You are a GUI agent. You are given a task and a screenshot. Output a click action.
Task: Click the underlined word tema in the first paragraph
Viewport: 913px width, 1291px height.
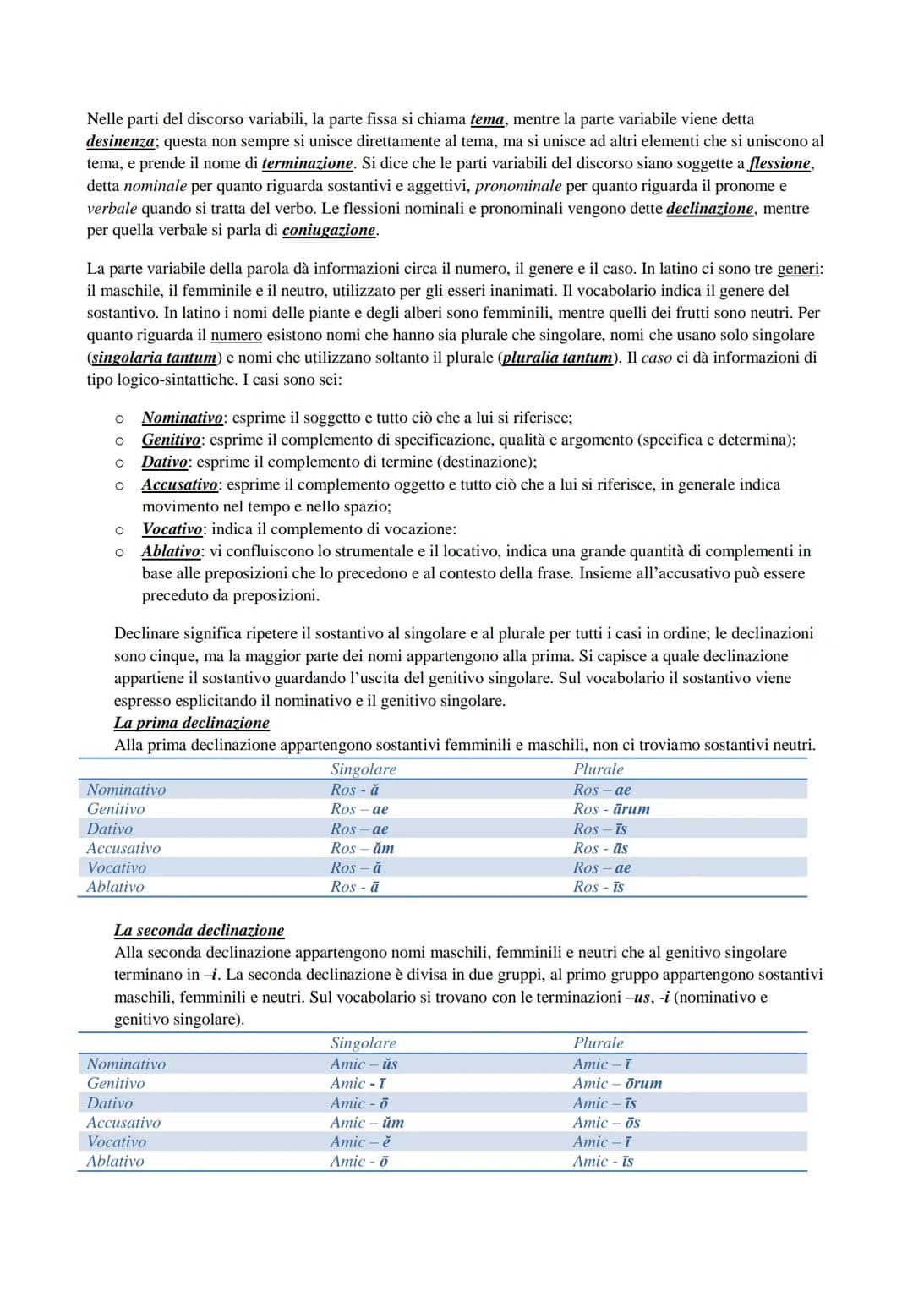[487, 119]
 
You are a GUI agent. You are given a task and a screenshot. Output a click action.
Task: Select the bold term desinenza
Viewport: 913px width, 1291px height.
[121, 141]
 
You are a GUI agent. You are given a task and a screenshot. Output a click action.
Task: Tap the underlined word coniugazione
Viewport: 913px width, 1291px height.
[330, 230]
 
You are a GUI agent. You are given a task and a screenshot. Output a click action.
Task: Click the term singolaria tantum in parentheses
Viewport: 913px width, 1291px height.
[154, 357]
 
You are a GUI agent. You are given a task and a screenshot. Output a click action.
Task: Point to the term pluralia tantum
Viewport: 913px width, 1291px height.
[558, 357]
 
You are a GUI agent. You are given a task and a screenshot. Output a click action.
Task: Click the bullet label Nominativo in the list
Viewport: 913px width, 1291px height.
[183, 418]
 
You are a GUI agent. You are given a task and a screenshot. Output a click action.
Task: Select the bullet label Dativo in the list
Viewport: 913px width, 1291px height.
[165, 462]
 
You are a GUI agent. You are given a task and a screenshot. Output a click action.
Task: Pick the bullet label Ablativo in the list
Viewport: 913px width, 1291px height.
[171, 551]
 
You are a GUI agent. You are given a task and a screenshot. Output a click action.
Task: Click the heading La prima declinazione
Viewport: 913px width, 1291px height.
[192, 723]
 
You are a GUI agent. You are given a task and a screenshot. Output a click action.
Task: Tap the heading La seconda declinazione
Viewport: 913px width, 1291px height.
[199, 930]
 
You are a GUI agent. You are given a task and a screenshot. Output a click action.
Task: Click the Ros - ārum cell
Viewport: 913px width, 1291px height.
[611, 809]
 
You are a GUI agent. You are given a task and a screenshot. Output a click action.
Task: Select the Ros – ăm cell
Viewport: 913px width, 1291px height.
[362, 848]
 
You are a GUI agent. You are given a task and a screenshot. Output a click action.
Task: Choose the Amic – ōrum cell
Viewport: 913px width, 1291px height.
[617, 1083]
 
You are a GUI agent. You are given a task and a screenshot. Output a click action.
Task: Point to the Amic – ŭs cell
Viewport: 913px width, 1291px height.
[364, 1064]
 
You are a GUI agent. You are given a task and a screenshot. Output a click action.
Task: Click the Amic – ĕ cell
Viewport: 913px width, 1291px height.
[360, 1141]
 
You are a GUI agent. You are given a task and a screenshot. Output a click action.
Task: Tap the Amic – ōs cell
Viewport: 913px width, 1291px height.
[606, 1122]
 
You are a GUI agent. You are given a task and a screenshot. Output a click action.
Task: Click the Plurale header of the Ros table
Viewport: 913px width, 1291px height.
[598, 769]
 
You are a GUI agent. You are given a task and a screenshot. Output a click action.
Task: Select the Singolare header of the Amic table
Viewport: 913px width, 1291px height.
[363, 1043]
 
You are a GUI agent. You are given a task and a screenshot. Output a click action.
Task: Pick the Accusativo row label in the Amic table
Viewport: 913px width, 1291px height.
[123, 1122]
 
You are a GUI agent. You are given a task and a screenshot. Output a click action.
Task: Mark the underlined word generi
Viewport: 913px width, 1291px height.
[798, 269]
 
